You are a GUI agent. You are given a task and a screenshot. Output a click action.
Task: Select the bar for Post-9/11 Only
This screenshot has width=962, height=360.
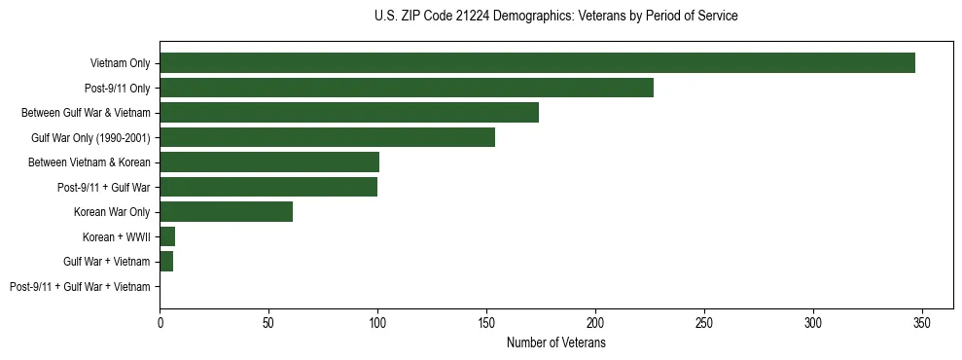(x=407, y=88)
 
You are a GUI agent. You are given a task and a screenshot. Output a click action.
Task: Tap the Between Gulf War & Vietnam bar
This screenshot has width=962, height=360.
(x=349, y=113)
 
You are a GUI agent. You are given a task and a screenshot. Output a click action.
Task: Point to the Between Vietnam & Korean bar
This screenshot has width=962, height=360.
(x=269, y=162)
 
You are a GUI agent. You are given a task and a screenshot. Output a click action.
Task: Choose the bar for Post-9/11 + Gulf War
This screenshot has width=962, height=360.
(x=268, y=187)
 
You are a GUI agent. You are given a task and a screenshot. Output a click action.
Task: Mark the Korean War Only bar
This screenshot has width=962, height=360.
(x=226, y=212)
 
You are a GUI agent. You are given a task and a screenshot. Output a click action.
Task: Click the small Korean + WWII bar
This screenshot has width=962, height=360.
(x=167, y=236)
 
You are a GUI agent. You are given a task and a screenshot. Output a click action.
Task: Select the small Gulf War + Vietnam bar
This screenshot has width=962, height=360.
(x=166, y=262)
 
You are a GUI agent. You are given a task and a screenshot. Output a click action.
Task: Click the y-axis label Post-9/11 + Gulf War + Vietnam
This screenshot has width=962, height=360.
(x=80, y=287)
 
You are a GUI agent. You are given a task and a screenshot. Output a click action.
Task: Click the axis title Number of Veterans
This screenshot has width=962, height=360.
(x=555, y=342)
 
